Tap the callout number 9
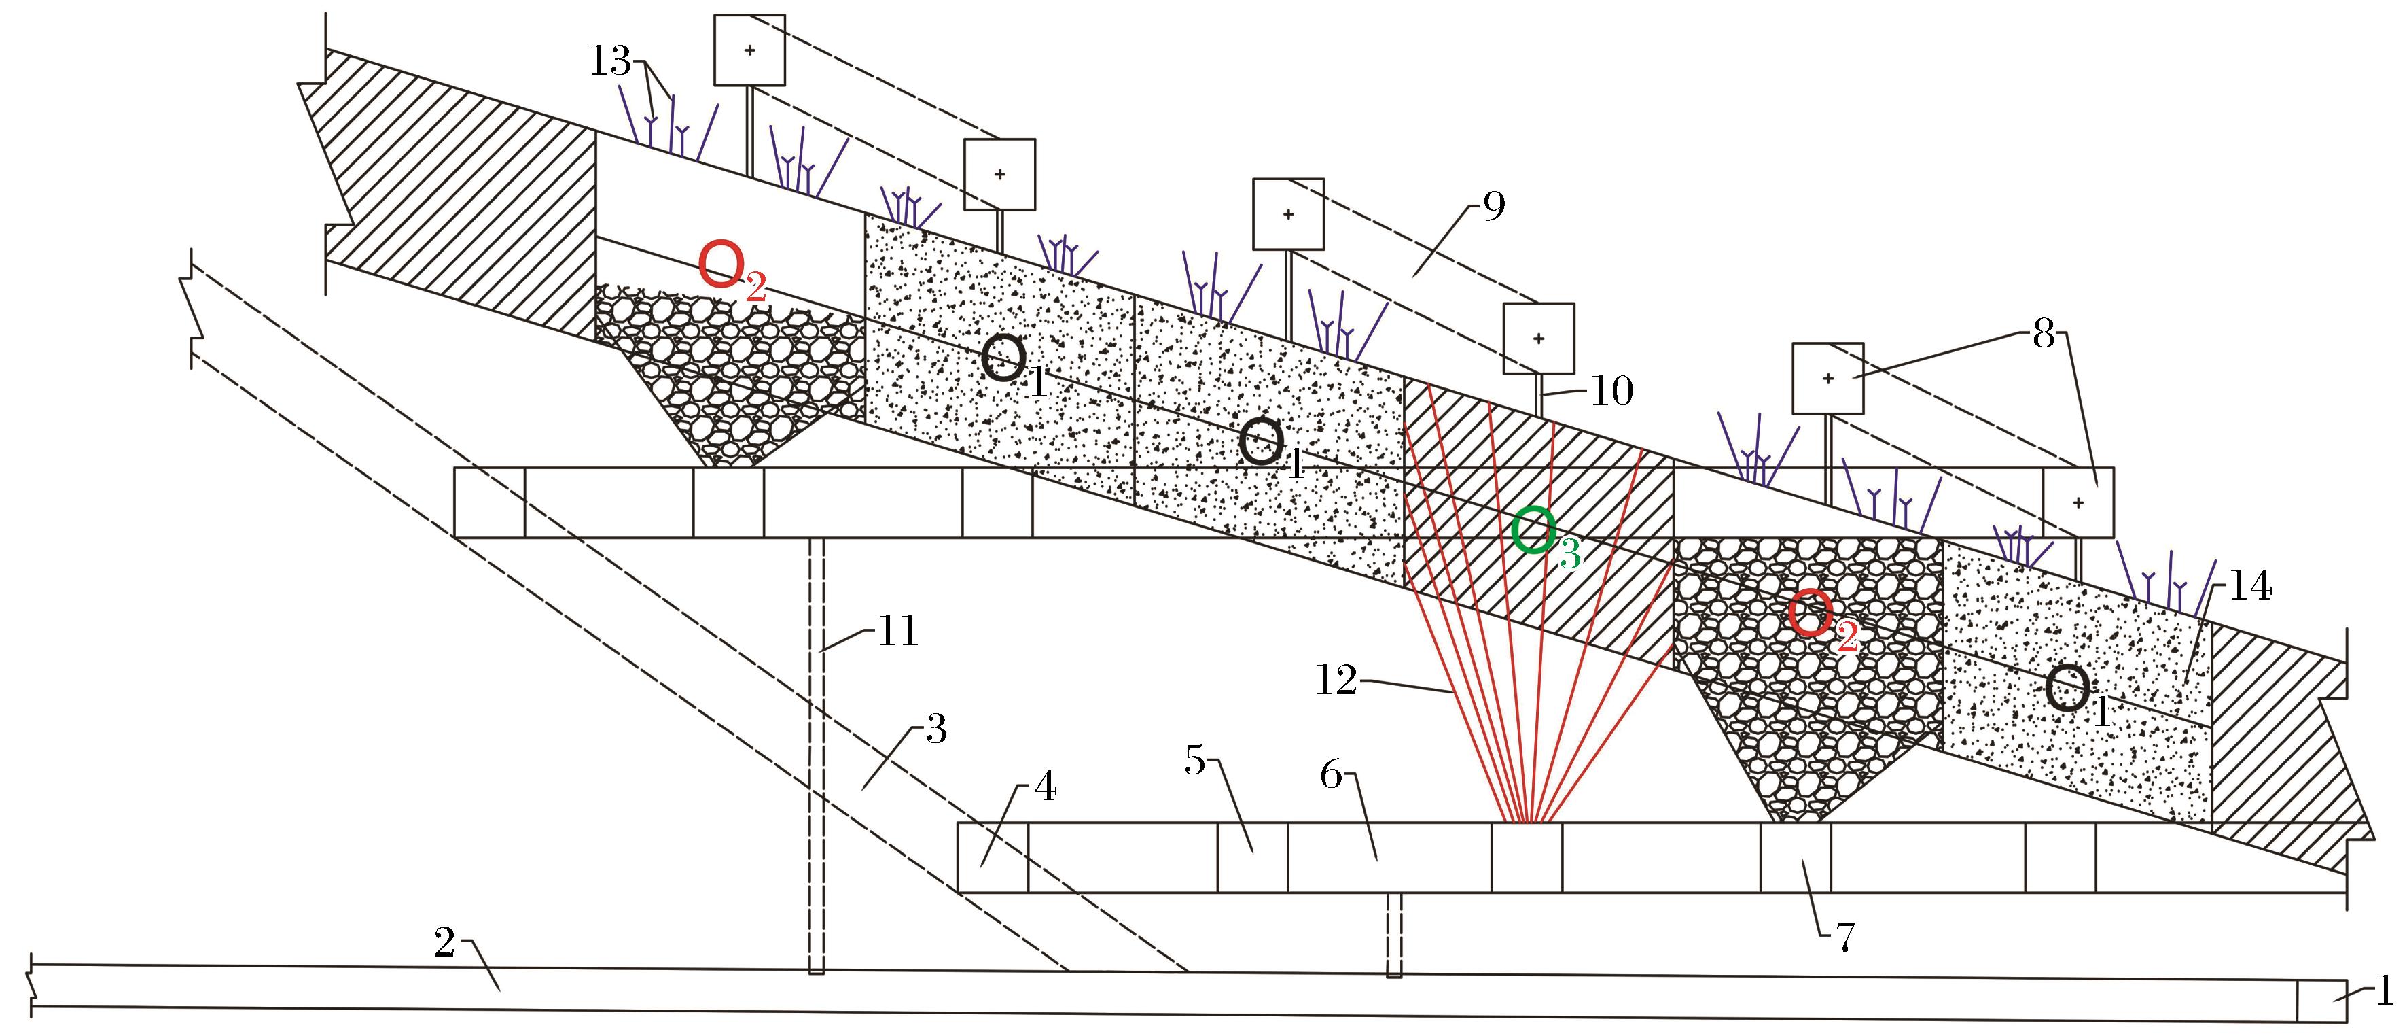click(x=1494, y=206)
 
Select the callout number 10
click(x=1612, y=392)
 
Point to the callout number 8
click(x=2044, y=333)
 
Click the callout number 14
click(x=2250, y=586)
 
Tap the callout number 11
click(x=898, y=632)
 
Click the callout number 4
click(x=1046, y=789)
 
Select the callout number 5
click(x=1194, y=761)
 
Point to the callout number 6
click(x=1332, y=775)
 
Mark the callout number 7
click(x=1845, y=937)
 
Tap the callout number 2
click(x=445, y=942)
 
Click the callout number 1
click(x=2384, y=990)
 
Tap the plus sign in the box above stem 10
click(x=1539, y=339)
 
